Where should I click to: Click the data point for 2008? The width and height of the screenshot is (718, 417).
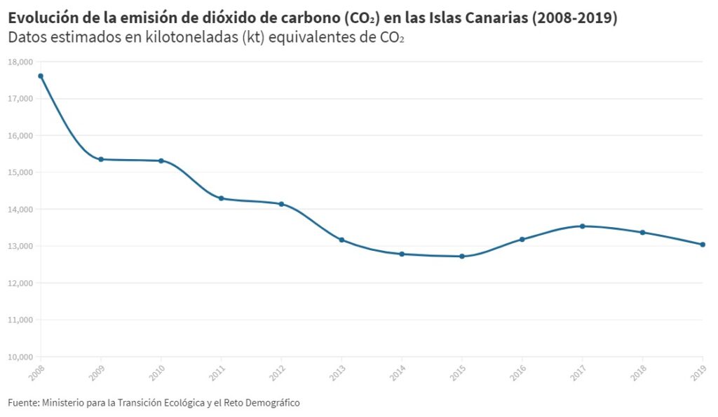(41, 76)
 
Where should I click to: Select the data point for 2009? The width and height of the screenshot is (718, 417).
(101, 159)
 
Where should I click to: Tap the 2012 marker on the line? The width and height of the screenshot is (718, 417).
(281, 204)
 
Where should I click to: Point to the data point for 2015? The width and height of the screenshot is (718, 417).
(461, 257)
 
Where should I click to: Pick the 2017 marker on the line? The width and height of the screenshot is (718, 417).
(582, 226)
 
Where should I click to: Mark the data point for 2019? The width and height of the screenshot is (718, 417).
(703, 245)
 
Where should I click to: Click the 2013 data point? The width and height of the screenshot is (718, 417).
(341, 240)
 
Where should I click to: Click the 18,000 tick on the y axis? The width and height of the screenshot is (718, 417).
(20, 62)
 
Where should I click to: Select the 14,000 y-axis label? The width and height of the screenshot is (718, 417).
(20, 209)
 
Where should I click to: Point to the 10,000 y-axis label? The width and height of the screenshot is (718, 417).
(20, 357)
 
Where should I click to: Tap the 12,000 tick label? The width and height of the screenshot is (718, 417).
(20, 283)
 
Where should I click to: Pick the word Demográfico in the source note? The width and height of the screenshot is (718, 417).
(271, 403)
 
